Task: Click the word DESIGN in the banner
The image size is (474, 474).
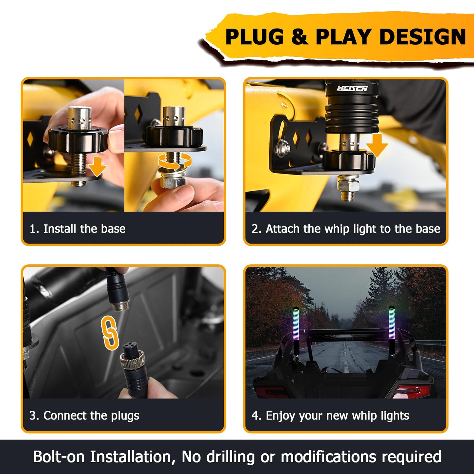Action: pyautogui.click(x=422, y=36)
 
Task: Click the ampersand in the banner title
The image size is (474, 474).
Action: pyautogui.click(x=299, y=36)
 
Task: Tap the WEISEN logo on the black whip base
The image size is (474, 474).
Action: pyautogui.click(x=352, y=88)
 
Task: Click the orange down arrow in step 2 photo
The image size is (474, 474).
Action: pyautogui.click(x=377, y=145)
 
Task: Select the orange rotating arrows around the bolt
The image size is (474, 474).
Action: pyautogui.click(x=175, y=162)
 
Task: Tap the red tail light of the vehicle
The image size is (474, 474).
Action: pyautogui.click(x=410, y=391)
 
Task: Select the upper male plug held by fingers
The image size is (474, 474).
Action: pyautogui.click(x=117, y=290)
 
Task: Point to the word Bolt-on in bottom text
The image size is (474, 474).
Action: pyautogui.click(x=58, y=457)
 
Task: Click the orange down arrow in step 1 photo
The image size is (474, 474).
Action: pyautogui.click(x=98, y=167)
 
